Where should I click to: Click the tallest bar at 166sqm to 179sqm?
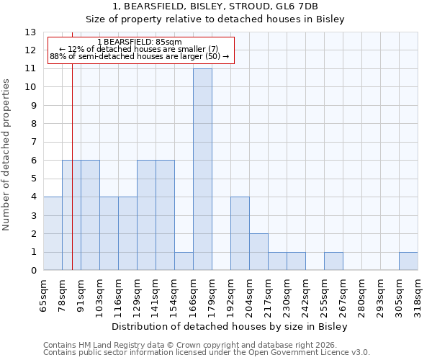point(202,169)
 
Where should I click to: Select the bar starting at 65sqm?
point(53,233)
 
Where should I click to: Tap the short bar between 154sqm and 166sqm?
point(184,261)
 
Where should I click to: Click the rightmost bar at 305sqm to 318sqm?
point(408,261)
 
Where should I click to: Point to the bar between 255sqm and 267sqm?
point(333,261)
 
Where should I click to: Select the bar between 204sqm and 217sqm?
point(258,252)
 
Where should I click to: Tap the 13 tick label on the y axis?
point(30,32)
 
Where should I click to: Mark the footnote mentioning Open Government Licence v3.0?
point(207,353)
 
